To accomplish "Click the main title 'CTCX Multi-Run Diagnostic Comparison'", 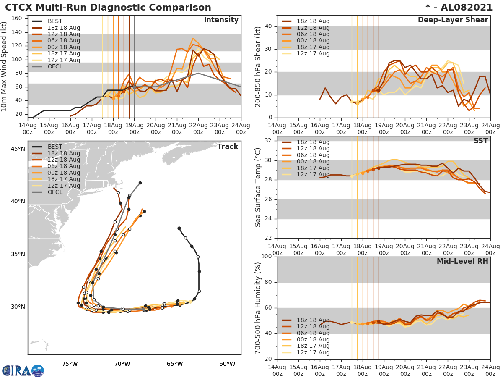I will click(x=108, y=8).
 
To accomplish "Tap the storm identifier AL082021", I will click(x=463, y=8).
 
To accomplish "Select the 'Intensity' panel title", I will click(x=221, y=20).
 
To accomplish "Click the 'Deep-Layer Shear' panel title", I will click(x=453, y=20).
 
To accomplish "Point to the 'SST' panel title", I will click(x=480, y=141).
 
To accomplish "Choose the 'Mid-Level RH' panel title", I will click(x=462, y=261).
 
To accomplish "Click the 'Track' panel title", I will click(x=227, y=147).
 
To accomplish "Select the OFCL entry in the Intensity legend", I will click(x=54, y=66).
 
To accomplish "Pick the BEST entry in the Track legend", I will click(x=55, y=147).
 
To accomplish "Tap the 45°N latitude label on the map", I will click(x=18, y=149).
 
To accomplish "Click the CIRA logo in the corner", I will click(x=23, y=371).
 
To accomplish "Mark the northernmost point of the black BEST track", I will click(x=179, y=228).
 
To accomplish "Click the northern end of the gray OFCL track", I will click(x=140, y=183).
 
